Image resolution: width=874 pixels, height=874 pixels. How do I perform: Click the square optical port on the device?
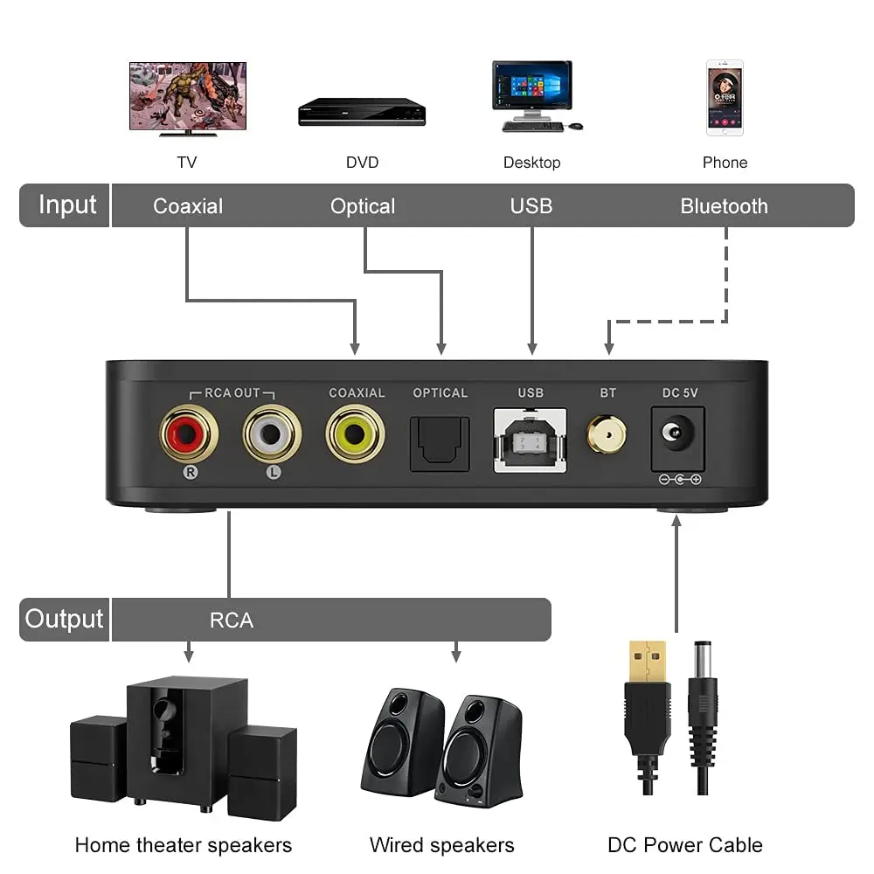(x=440, y=443)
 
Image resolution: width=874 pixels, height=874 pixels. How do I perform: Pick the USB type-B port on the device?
(x=531, y=439)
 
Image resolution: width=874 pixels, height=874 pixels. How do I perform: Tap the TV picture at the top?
(x=188, y=96)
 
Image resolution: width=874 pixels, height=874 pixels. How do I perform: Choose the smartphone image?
(x=725, y=98)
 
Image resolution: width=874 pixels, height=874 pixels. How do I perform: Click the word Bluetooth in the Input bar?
(x=724, y=206)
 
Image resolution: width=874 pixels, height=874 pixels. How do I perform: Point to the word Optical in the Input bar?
(x=363, y=206)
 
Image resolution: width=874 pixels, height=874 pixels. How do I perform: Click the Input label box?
(x=66, y=205)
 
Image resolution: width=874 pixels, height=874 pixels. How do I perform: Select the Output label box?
(x=64, y=619)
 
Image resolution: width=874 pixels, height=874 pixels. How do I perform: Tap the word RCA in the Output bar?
(x=232, y=621)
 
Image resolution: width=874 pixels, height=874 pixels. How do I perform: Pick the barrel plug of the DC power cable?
(x=702, y=690)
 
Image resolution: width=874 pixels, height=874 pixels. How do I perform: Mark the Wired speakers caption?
(x=441, y=845)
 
